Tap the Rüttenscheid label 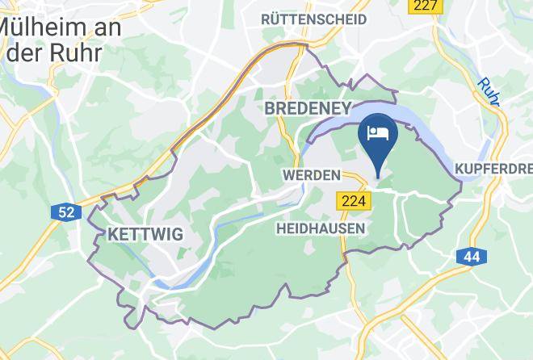coord(313,19)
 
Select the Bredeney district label coord(308,108)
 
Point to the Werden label coord(310,174)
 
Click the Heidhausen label coord(320,228)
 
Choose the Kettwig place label coord(145,235)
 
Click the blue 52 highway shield coord(66,212)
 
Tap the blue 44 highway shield coord(471,257)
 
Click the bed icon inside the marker coord(378,132)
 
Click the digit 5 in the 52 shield coord(62,212)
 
